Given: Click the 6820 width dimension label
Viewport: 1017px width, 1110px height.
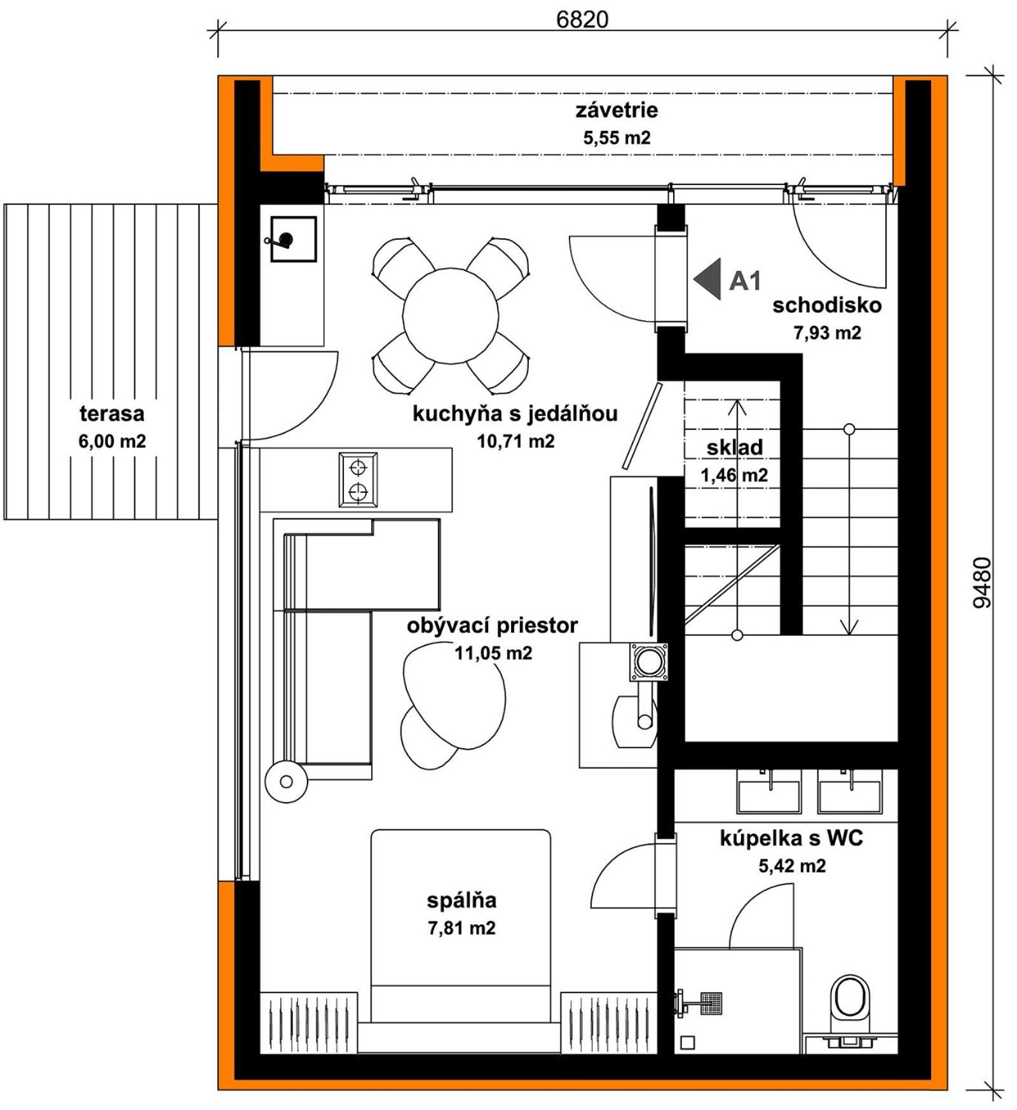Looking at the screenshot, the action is pos(582,20).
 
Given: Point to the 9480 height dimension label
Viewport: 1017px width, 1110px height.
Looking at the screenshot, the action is pos(982,583).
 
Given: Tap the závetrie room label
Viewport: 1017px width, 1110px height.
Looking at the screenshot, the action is pos(617,110).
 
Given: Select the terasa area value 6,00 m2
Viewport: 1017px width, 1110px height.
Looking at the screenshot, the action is pos(112,441).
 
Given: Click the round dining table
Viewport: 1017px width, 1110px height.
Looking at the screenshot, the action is pos(450,316).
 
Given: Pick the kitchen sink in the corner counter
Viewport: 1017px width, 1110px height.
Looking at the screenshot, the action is pos(293,239).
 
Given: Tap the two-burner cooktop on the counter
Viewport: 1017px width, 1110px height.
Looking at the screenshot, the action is pos(358,480).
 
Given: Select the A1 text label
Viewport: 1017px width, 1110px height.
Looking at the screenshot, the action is pos(744,281).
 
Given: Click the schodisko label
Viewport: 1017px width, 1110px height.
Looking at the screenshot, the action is pos(827,305).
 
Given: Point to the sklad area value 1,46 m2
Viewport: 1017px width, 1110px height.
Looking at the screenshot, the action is pos(734,475).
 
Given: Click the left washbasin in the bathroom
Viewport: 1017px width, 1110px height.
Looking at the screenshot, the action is pos(769,792).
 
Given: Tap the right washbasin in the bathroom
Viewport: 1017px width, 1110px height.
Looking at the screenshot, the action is pos(850,792).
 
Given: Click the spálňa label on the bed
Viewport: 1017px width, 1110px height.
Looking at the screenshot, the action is pos(461,901).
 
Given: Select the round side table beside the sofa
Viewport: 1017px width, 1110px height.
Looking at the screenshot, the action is pos(286,781).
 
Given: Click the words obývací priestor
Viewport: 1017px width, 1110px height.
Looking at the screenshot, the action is pos(493,625).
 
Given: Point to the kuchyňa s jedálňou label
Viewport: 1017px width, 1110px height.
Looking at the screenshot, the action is pos(515,413).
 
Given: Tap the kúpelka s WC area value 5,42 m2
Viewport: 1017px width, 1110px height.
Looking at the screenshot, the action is pos(792,866).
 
